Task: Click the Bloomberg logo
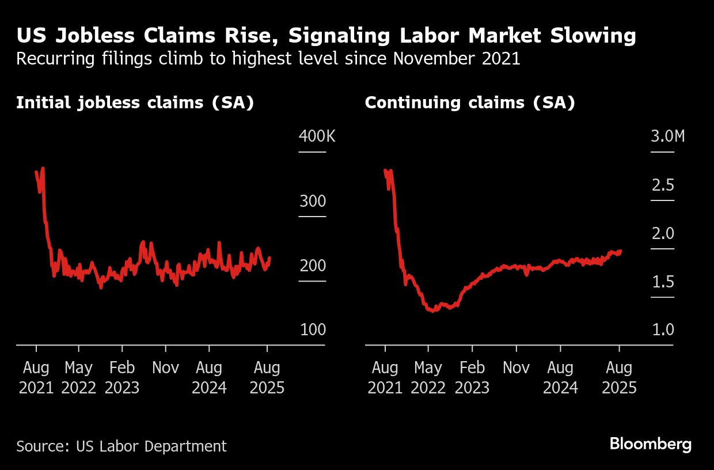650,445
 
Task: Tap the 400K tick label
316,137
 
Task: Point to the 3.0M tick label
668,137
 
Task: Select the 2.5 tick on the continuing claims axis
662,185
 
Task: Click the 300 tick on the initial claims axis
312,202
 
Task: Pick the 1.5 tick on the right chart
662,282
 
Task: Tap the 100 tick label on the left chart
312,330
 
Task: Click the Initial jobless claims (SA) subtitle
135,103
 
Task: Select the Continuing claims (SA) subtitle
470,103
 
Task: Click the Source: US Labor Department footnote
121,446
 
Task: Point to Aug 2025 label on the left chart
267,378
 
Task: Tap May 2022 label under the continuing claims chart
428,378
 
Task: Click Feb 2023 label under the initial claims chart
122,378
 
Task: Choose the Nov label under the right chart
516,368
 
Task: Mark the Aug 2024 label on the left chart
209,378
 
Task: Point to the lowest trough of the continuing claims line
433,310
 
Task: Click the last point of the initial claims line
269,259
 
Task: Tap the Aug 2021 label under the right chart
385,378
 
